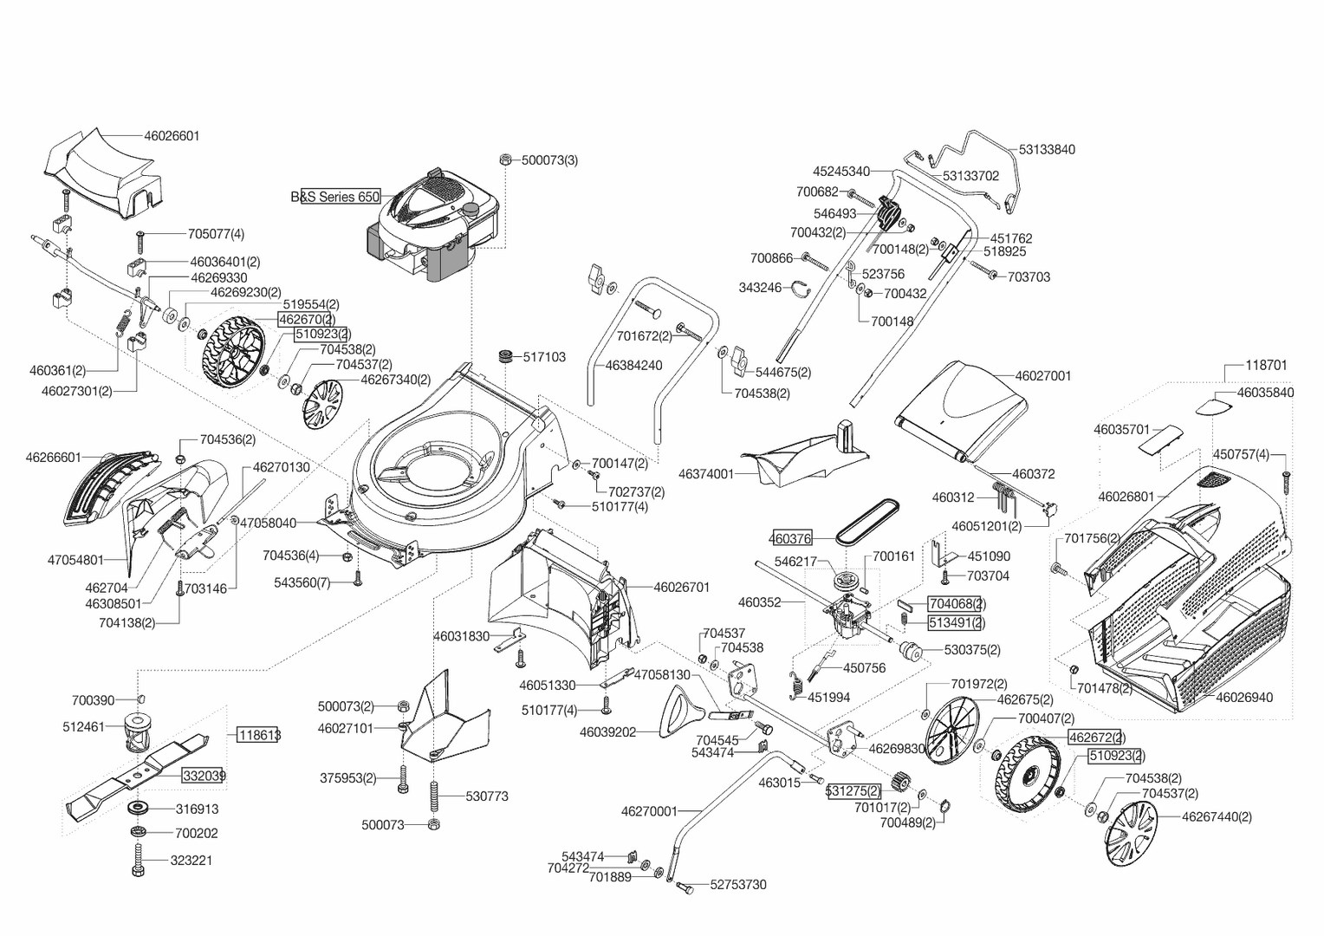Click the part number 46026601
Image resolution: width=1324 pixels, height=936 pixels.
coord(172,136)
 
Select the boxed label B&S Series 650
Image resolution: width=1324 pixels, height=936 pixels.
coord(335,197)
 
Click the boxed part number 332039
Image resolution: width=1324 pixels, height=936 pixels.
coord(204,776)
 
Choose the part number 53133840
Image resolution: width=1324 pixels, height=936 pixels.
coord(1047,150)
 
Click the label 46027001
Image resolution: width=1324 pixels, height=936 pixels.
coord(1043,376)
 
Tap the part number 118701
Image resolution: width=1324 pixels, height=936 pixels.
coord(1266,366)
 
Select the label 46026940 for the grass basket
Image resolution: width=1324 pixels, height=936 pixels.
coord(1244,697)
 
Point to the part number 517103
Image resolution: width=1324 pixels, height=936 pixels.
coord(544,357)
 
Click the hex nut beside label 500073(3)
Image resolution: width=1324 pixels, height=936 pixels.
coord(504,159)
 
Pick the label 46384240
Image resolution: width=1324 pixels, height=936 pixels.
coord(633,366)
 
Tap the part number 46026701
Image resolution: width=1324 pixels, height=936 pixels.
coord(681,588)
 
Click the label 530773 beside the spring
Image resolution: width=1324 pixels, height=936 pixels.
coord(487,796)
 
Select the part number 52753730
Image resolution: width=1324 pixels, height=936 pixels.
coord(738,885)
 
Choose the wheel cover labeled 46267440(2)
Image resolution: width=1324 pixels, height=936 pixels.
coord(1132,833)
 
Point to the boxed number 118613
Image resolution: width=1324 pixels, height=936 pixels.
coord(259,735)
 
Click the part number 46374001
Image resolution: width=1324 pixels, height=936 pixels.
coord(705,474)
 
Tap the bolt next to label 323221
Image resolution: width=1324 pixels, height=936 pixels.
coord(138,862)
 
